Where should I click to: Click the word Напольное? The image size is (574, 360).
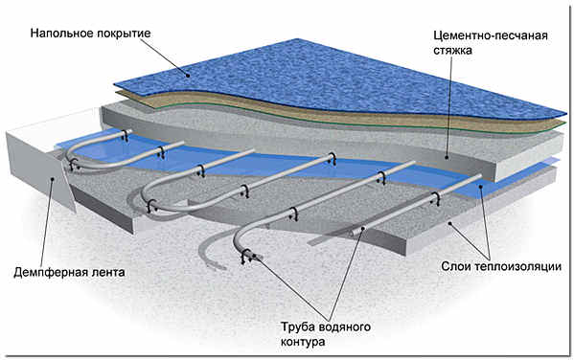61,33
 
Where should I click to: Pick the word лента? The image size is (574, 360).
107,271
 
